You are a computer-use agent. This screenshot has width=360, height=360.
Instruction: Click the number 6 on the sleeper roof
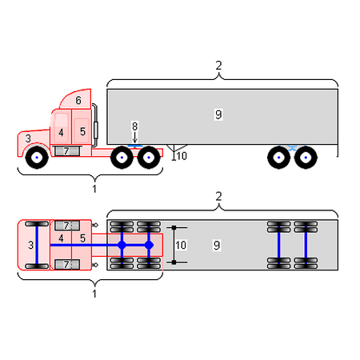78,100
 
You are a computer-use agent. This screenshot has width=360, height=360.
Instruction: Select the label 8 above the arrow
134,126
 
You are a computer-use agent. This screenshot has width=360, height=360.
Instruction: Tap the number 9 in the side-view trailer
218,114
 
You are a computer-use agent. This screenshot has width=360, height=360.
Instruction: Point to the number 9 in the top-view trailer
217,245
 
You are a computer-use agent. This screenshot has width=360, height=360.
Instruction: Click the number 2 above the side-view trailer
218,66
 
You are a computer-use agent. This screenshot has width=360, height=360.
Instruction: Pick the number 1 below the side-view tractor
94,189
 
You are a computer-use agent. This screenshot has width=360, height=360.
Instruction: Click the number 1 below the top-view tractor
94,294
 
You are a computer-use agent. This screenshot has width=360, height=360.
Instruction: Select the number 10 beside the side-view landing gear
182,156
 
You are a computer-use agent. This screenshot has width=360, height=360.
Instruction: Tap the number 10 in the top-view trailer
181,245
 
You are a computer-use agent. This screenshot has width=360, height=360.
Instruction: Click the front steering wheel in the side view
37,158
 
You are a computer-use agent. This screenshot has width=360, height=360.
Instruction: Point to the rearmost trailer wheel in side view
306,158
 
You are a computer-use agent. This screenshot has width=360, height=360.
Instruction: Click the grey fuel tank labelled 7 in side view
67,151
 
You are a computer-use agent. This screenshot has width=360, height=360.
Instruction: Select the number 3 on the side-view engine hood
28,138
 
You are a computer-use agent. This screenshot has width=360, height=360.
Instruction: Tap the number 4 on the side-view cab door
61,132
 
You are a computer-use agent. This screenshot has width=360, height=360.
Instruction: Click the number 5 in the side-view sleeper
82,131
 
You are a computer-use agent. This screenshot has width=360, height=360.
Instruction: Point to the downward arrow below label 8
134,138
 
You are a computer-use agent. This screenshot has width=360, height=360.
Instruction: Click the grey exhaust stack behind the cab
95,126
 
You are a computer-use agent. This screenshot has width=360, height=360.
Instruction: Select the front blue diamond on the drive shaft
122,245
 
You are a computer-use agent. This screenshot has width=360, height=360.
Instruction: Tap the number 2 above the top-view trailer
218,196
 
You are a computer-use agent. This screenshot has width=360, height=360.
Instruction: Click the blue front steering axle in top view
37,245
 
